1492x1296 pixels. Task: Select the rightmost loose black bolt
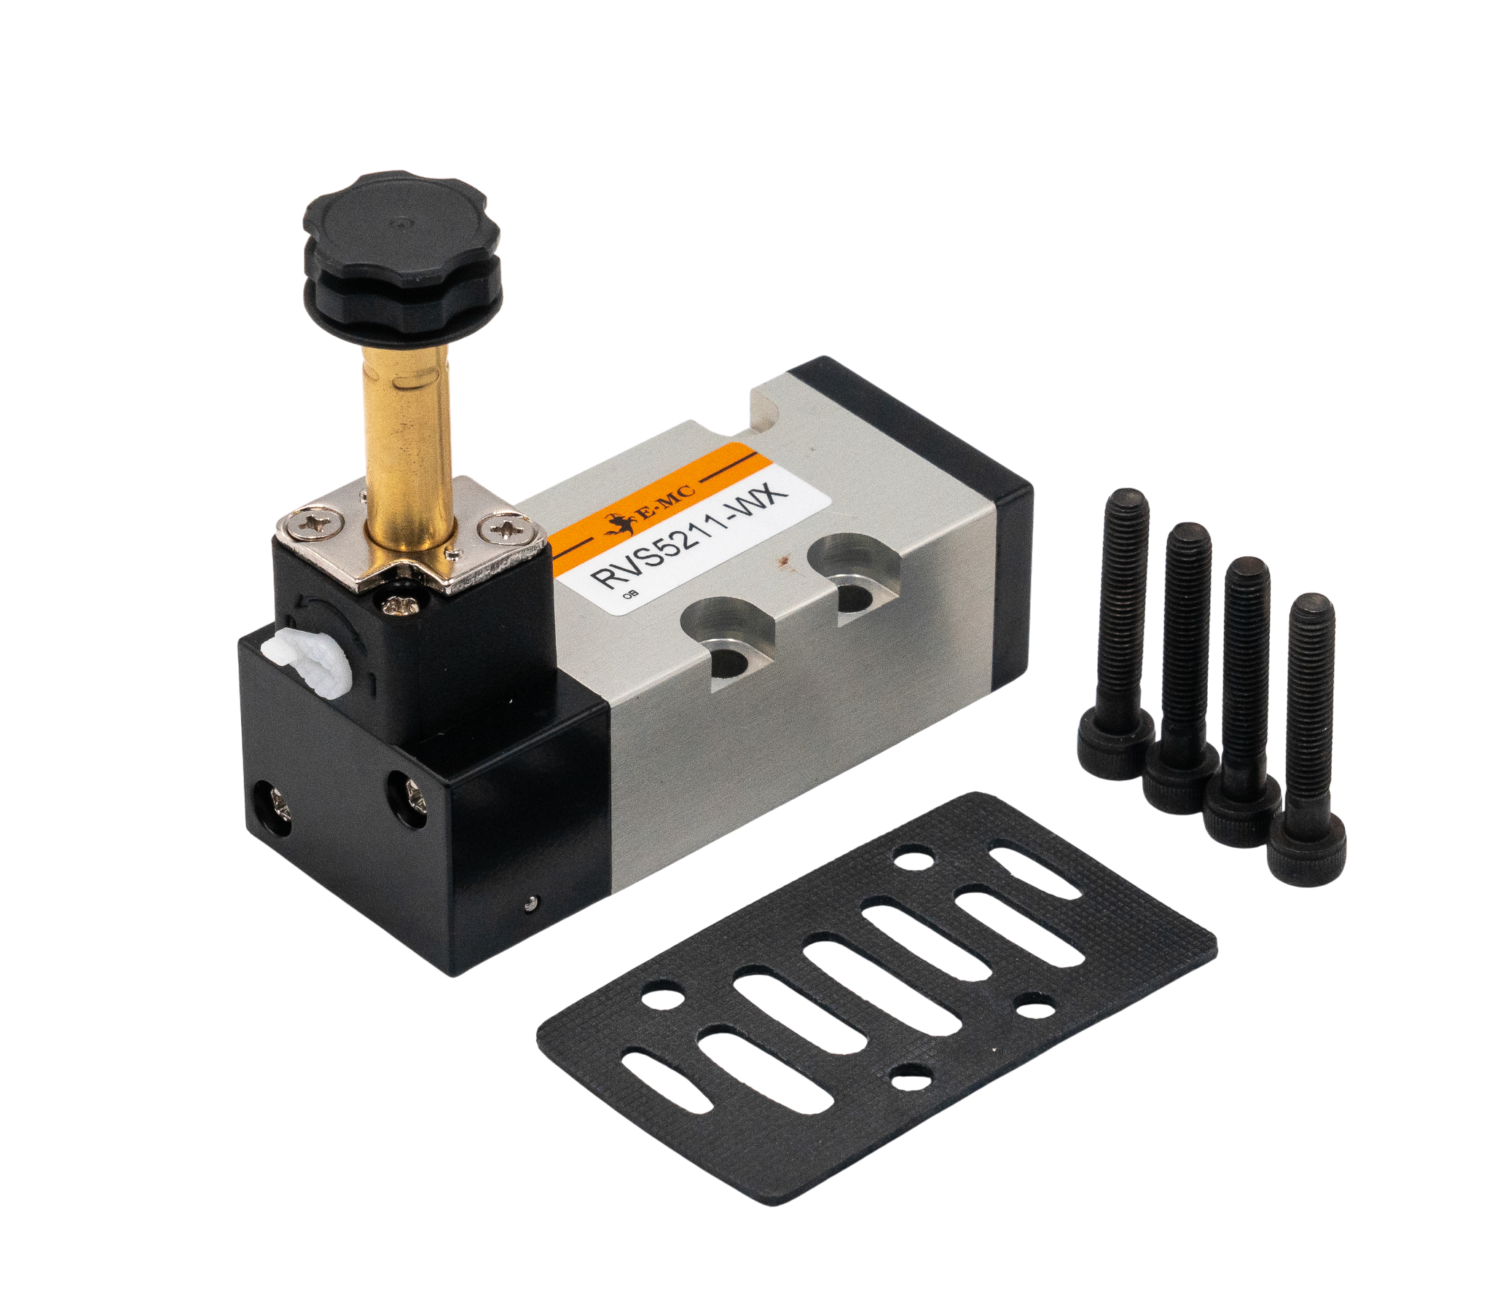click(x=1308, y=736)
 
